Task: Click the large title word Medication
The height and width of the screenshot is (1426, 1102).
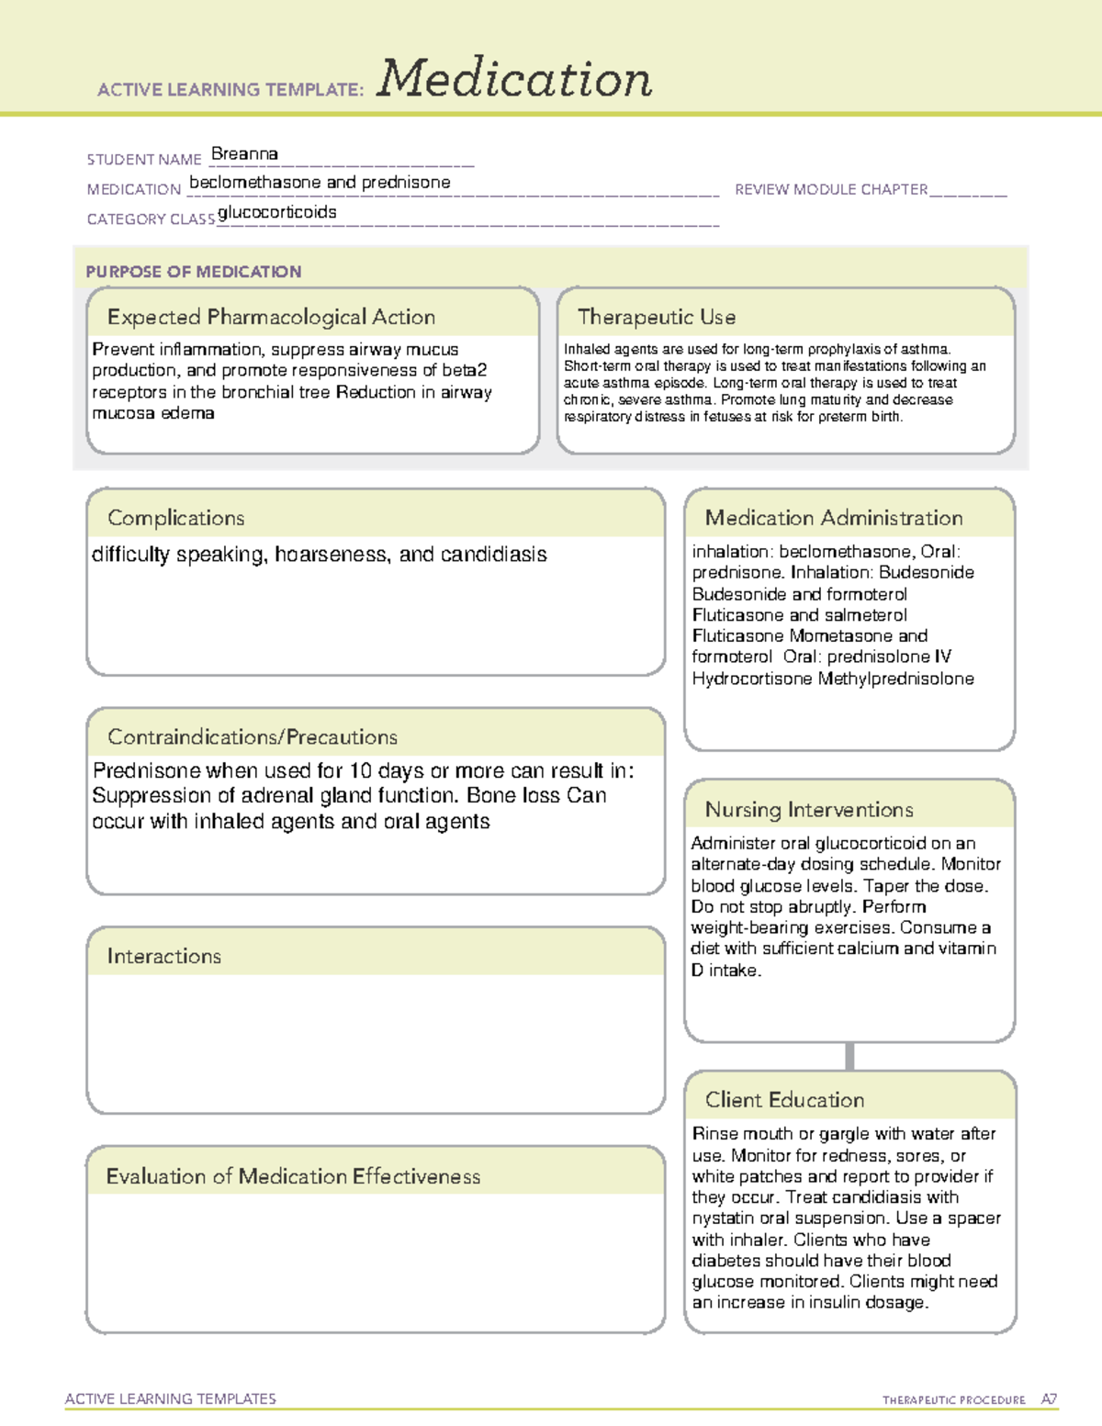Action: pos(514,79)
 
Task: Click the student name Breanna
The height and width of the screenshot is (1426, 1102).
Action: pos(244,154)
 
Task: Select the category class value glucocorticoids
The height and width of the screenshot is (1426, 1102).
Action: pos(277,212)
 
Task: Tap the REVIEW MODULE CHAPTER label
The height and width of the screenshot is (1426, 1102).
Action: pos(831,189)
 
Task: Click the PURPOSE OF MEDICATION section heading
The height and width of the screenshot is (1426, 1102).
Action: pos(193,272)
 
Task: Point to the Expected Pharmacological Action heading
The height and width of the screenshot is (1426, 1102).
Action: pos(271,317)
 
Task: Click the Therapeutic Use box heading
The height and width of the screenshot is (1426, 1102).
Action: pos(656,317)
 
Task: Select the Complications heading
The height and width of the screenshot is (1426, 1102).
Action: pos(175,518)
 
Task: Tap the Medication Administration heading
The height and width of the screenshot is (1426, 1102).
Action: pos(833,518)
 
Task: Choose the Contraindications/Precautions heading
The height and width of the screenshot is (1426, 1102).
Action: pos(252,736)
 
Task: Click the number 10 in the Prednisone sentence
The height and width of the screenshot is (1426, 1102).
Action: pos(360,770)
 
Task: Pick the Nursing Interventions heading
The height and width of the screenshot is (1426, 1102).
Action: pos(808,809)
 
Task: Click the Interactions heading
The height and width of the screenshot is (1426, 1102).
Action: pos(163,956)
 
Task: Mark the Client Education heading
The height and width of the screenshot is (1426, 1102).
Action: pos(784,1100)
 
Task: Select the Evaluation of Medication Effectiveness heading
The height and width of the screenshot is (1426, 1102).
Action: pos(293,1176)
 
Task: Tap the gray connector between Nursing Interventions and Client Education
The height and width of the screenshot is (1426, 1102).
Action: pos(849,1056)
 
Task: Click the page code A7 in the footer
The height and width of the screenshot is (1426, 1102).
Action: pos(1049,1399)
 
